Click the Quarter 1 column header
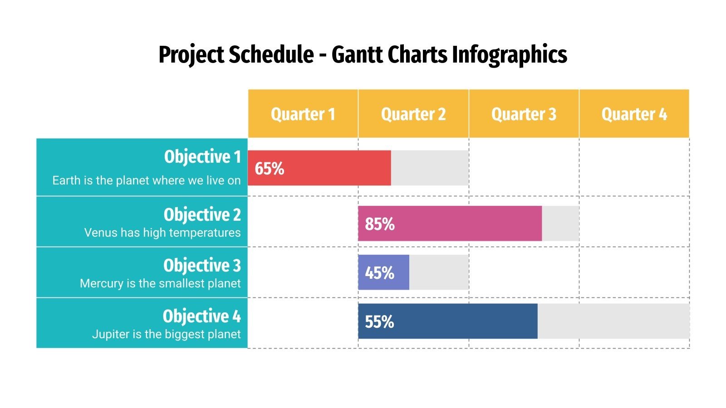(303, 114)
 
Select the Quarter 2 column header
(413, 114)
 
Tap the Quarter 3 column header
(524, 114)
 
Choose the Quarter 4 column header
(634, 114)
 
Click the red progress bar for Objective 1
(336, 168)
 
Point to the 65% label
(269, 169)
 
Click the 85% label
(379, 224)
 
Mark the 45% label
(379, 273)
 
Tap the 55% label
(379, 322)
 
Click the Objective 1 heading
(202, 157)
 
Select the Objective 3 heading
(202, 266)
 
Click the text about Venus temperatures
(162, 233)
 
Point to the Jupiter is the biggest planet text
(166, 335)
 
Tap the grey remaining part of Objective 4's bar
(613, 321)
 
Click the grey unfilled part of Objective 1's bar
(429, 168)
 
